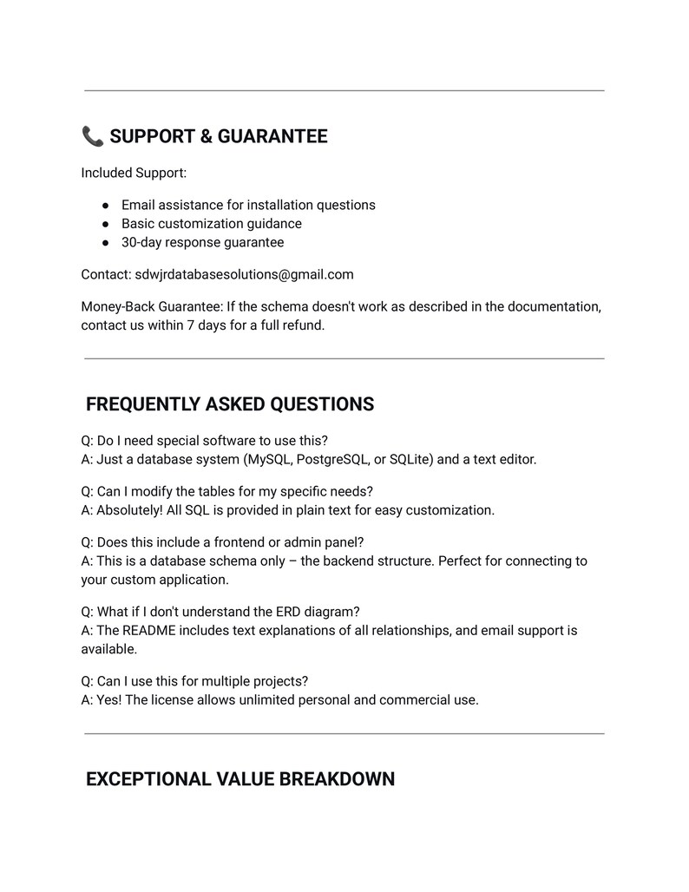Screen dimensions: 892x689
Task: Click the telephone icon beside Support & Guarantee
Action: coord(92,136)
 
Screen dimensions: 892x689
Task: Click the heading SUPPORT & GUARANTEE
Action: coord(219,136)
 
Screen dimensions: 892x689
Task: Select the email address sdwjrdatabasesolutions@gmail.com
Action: coord(244,274)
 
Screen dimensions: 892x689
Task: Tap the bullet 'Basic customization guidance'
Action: coord(212,224)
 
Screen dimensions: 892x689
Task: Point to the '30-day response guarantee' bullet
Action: coord(202,242)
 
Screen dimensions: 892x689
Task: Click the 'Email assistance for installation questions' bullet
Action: coord(248,205)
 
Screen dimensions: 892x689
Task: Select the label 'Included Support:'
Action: coord(134,173)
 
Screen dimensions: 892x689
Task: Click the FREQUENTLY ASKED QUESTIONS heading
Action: coord(230,404)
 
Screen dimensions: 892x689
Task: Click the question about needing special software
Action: coord(204,441)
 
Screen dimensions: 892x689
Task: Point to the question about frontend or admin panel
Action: coord(222,542)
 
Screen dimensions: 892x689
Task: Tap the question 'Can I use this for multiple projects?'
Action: coord(194,681)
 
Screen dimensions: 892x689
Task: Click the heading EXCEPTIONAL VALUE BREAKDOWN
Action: coord(240,779)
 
